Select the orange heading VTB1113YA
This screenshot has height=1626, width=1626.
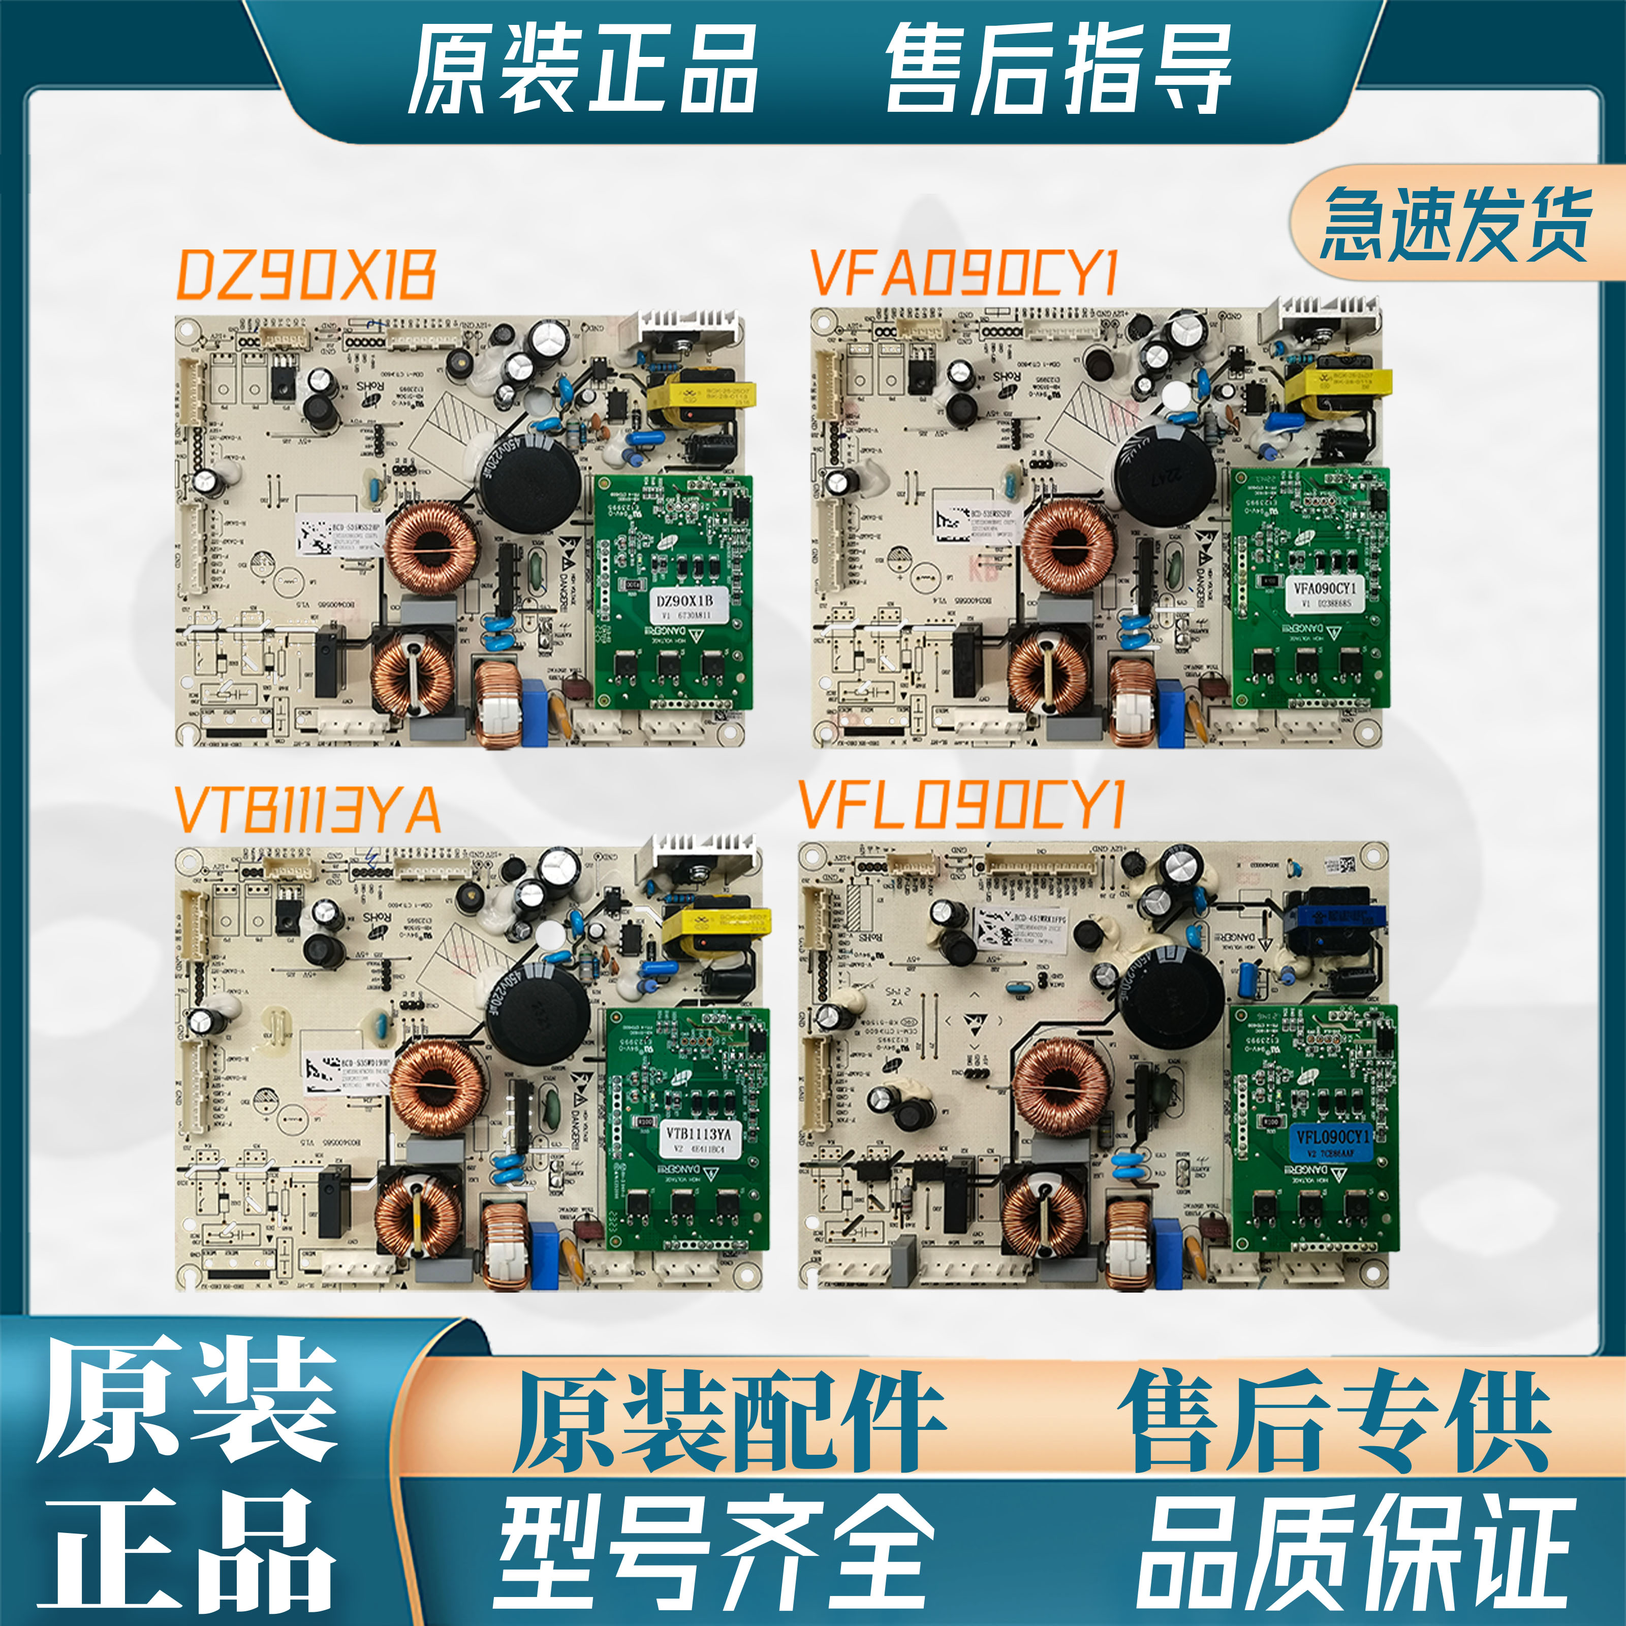tap(308, 809)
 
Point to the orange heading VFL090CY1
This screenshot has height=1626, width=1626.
tap(961, 804)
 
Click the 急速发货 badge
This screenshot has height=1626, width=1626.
tap(1456, 224)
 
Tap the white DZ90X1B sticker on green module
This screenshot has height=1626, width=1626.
tap(684, 606)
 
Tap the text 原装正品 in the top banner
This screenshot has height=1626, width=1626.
tap(582, 69)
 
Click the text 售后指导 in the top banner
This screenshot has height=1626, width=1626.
tap(1059, 69)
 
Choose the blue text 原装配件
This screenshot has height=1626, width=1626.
tap(731, 1422)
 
